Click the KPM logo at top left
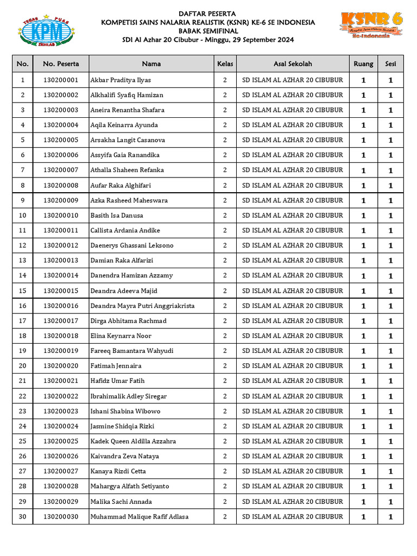point(47,30)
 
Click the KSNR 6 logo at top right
point(372,25)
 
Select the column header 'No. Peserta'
point(61,64)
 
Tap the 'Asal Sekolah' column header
point(293,64)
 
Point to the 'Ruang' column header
point(363,64)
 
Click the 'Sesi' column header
point(390,64)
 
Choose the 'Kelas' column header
point(225,64)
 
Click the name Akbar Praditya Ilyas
point(121,80)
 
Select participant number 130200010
point(61,216)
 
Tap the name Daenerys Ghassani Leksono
point(132,245)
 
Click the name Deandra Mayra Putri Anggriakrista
point(142,306)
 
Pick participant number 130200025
point(61,441)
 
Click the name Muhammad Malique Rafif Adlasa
point(140,516)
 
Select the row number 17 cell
point(22,321)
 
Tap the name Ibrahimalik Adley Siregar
point(129,396)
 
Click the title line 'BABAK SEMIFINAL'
point(208,31)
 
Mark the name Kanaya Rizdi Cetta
point(118,471)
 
